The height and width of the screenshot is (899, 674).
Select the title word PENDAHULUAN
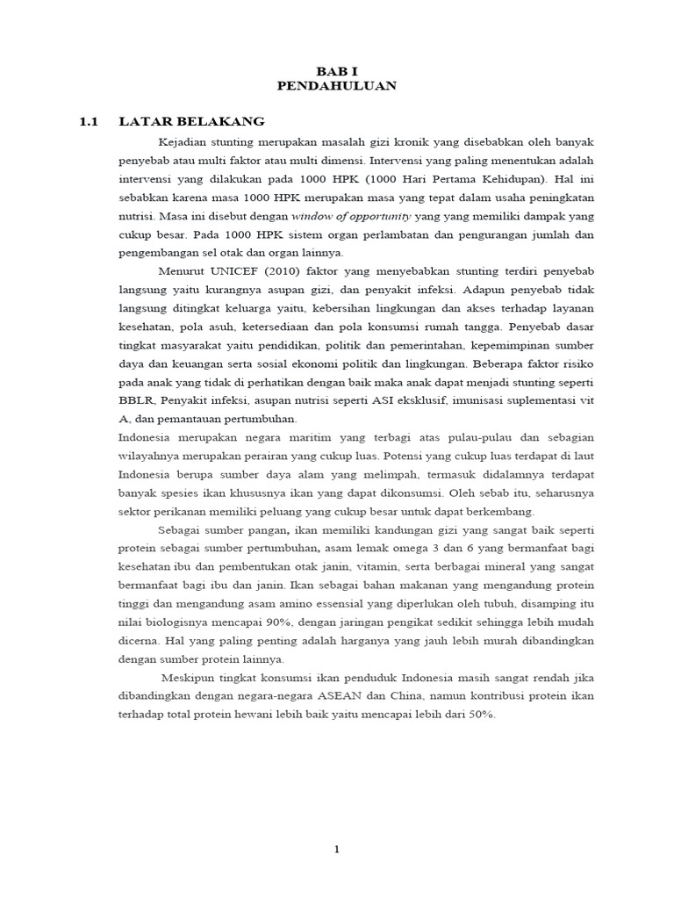(x=337, y=85)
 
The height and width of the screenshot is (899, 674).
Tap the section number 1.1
(x=91, y=120)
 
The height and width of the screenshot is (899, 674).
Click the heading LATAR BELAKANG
(x=190, y=120)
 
